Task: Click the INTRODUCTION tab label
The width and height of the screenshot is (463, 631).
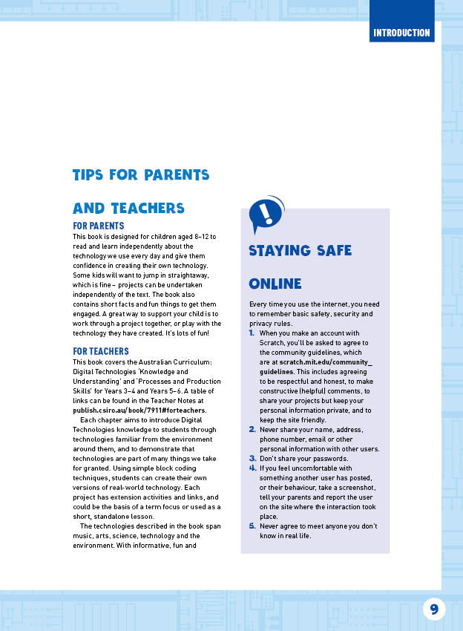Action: [401, 33]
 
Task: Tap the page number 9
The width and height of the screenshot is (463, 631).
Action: [434, 609]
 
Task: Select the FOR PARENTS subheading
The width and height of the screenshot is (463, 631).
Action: [98, 226]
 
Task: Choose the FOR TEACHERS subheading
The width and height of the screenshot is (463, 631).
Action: [101, 351]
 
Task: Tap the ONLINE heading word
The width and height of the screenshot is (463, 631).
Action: [275, 284]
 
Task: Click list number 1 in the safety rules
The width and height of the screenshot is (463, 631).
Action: [252, 333]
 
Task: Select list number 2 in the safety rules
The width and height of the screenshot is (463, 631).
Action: [252, 429]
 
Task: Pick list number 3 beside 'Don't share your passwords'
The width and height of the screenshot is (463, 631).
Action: [252, 458]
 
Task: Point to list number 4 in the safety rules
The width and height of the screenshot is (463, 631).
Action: [252, 468]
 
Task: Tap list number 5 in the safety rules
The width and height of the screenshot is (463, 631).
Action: [252, 526]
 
